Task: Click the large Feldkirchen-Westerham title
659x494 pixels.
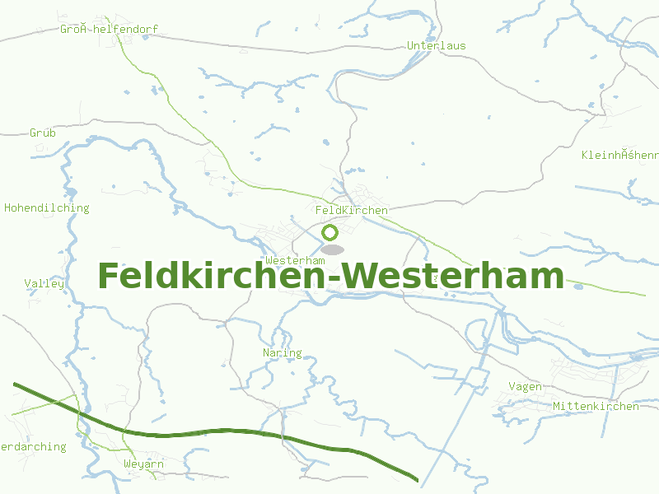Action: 330,276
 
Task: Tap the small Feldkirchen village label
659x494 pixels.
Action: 351,211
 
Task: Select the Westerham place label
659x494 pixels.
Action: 295,260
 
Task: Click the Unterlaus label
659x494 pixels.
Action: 436,45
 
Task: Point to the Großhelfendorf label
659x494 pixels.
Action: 108,30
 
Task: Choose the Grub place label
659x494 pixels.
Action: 43,133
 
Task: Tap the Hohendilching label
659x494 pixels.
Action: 46,208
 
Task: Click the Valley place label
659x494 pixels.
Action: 44,283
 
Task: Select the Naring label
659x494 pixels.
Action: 282,353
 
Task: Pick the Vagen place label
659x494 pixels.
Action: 525,387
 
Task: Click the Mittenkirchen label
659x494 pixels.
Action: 596,407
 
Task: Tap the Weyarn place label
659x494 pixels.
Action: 143,464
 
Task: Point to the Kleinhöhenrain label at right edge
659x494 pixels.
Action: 619,155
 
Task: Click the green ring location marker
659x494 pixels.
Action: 330,232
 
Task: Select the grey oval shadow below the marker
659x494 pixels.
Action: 332,249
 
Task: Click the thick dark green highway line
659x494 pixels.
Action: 247,431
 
